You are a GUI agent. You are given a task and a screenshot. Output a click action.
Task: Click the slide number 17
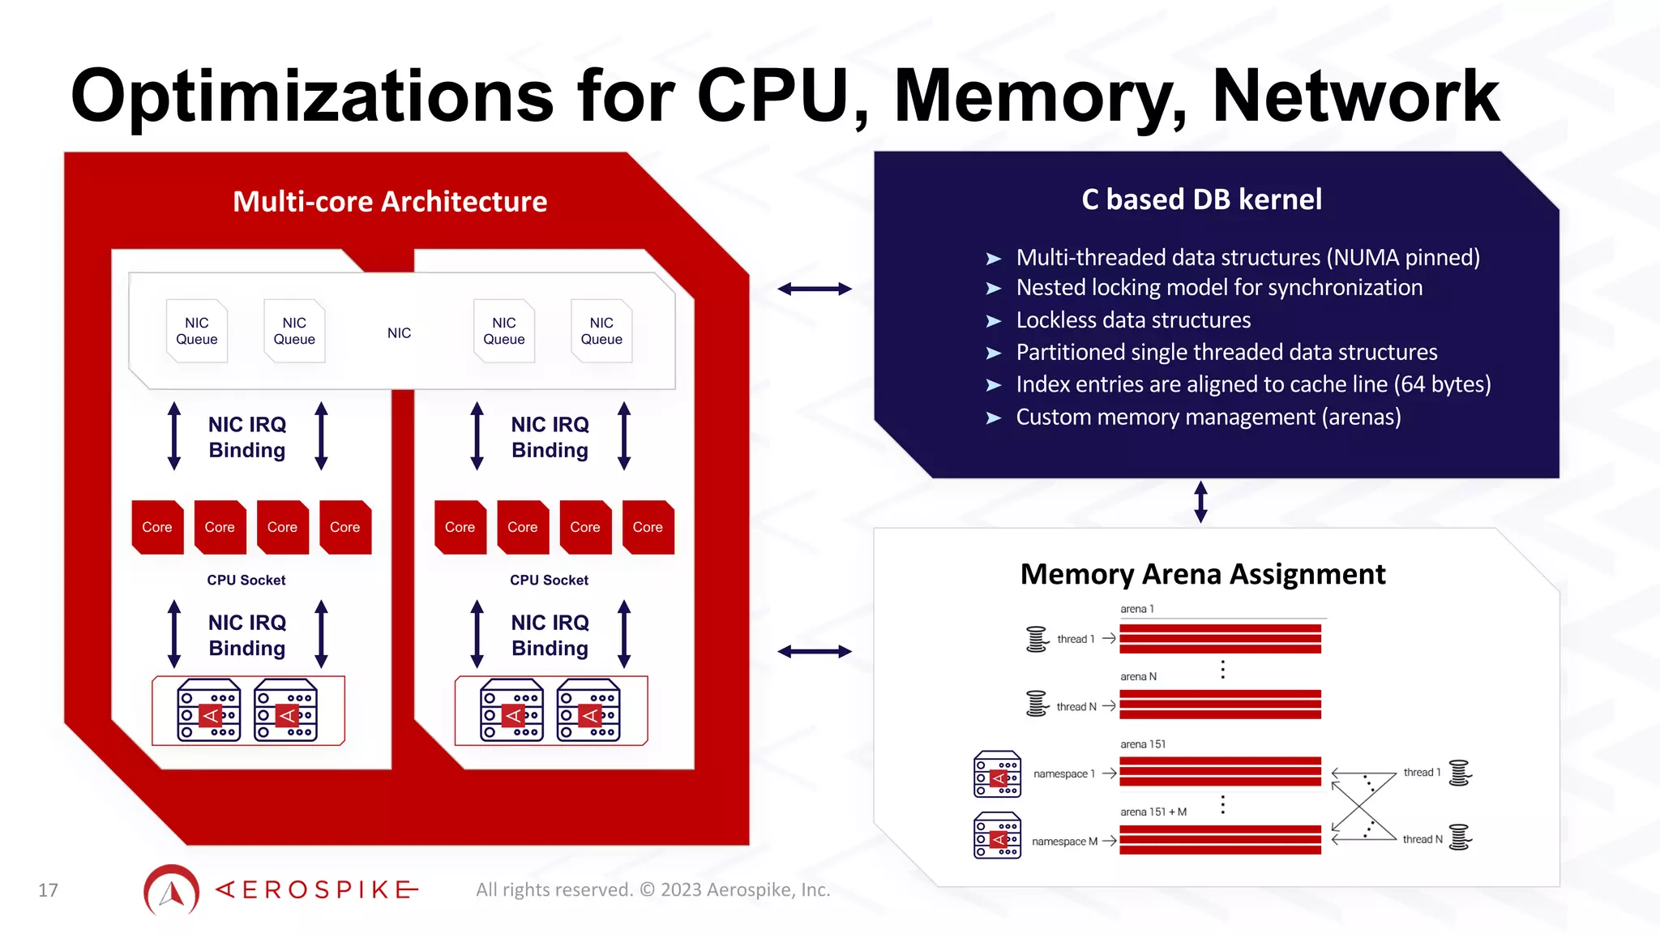click(48, 890)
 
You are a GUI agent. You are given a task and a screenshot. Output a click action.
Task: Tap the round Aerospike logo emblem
click(171, 890)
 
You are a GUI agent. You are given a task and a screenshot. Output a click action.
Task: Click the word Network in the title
click(1354, 96)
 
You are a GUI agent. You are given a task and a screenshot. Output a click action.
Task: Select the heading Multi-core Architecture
click(390, 201)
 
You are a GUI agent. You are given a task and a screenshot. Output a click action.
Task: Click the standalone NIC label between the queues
click(399, 333)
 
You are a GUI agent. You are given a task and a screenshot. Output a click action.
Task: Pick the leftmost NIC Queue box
click(197, 331)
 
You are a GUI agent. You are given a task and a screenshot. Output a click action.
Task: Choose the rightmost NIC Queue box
click(601, 331)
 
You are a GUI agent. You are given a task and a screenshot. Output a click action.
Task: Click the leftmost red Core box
click(157, 527)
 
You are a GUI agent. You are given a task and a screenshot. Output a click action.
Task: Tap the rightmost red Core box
click(648, 527)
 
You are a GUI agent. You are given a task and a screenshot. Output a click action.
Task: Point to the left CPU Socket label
click(246, 581)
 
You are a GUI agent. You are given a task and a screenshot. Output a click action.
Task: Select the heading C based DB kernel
click(1201, 199)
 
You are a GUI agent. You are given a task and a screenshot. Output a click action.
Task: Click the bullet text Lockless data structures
click(1133, 320)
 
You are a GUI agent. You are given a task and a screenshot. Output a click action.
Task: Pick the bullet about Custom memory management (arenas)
click(1208, 417)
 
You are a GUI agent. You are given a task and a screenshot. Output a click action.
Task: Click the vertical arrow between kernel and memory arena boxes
click(1201, 502)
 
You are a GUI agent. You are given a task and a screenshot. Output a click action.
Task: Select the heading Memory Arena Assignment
click(1203, 574)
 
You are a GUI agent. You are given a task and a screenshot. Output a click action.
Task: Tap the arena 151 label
click(1143, 744)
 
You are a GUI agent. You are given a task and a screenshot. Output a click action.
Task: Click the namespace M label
click(1064, 842)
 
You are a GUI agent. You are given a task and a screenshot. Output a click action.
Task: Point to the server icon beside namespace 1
click(997, 774)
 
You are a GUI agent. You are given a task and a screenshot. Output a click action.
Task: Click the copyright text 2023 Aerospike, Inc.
click(745, 890)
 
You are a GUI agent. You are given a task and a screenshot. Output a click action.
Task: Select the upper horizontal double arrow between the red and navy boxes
click(814, 289)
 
